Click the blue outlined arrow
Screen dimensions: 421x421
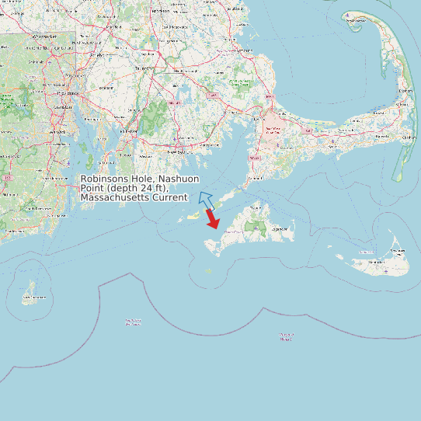click(206, 200)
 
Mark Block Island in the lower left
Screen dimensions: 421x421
click(33, 292)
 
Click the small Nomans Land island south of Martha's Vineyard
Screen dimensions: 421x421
click(208, 271)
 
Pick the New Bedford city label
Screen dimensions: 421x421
click(183, 143)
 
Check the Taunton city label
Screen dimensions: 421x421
click(142, 69)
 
